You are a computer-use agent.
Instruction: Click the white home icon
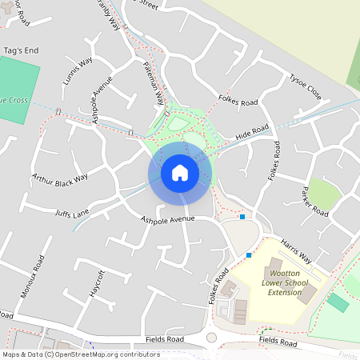pos(180,172)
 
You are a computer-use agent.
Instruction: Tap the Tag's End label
pos(21,50)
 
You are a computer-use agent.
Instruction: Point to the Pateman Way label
pos(154,84)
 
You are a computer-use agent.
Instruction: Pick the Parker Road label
pos(315,201)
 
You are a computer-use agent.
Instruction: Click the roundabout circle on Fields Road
pos(211,338)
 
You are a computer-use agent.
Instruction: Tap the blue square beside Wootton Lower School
pos(249,255)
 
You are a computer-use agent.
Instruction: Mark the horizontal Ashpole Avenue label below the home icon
pos(168,218)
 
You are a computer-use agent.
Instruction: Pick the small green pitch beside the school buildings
pos(338,302)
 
